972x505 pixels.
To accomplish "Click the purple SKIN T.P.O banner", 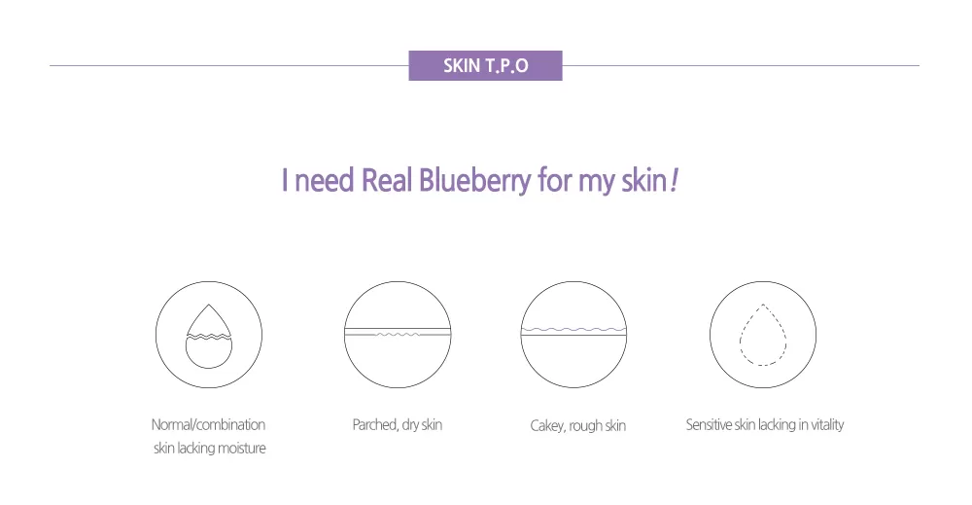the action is point(485,65).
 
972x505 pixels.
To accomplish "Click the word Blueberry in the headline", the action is point(475,181).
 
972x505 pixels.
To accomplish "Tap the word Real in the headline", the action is point(387,180).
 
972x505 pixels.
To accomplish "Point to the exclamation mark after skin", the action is point(674,181).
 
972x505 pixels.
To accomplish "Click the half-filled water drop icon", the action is point(209,336).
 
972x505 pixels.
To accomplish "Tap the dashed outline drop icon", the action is point(763,335).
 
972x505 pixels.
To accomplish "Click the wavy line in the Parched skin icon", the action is point(398,334).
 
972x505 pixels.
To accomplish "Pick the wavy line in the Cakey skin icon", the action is point(573,330).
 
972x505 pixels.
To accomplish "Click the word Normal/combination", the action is point(208,425).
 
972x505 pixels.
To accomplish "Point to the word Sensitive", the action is point(709,425).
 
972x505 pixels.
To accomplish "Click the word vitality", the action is point(827,425).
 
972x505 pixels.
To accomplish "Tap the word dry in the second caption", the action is point(410,425).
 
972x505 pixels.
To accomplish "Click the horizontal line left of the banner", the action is point(229,65).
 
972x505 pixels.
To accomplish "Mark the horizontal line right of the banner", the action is point(741,65).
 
